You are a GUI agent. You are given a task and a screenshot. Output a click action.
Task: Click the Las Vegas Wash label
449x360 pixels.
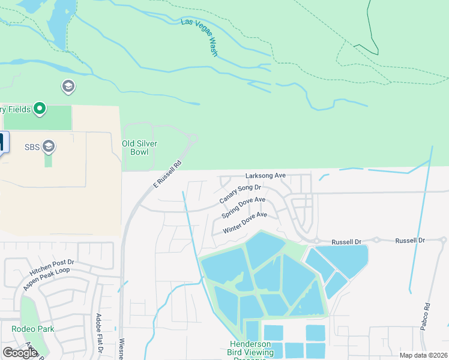[200, 38]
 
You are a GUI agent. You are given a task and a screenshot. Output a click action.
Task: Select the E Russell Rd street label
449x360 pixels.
[167, 175]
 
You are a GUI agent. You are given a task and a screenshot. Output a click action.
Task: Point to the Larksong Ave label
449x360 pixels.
[265, 176]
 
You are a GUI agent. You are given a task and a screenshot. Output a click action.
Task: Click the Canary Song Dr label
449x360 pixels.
[240, 193]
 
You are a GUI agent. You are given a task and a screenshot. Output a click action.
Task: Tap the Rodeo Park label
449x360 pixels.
[32, 329]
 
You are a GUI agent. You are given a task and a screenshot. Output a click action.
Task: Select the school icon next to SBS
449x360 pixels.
[49, 146]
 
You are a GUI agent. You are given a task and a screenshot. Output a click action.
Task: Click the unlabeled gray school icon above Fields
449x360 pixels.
[68, 87]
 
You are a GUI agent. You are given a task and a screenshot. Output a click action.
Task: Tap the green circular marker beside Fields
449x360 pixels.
[40, 109]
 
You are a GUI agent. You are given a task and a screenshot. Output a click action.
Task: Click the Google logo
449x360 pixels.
[20, 353]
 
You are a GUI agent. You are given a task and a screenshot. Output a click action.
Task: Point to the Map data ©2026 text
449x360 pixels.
[423, 355]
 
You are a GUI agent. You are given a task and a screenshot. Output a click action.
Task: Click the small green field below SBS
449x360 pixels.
[48, 160]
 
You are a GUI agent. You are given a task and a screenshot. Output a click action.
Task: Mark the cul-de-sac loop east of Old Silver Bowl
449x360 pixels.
[192, 139]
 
